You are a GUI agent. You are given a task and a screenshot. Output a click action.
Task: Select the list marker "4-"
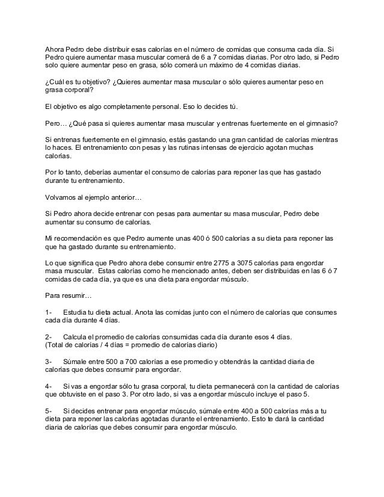(x=49, y=385)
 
